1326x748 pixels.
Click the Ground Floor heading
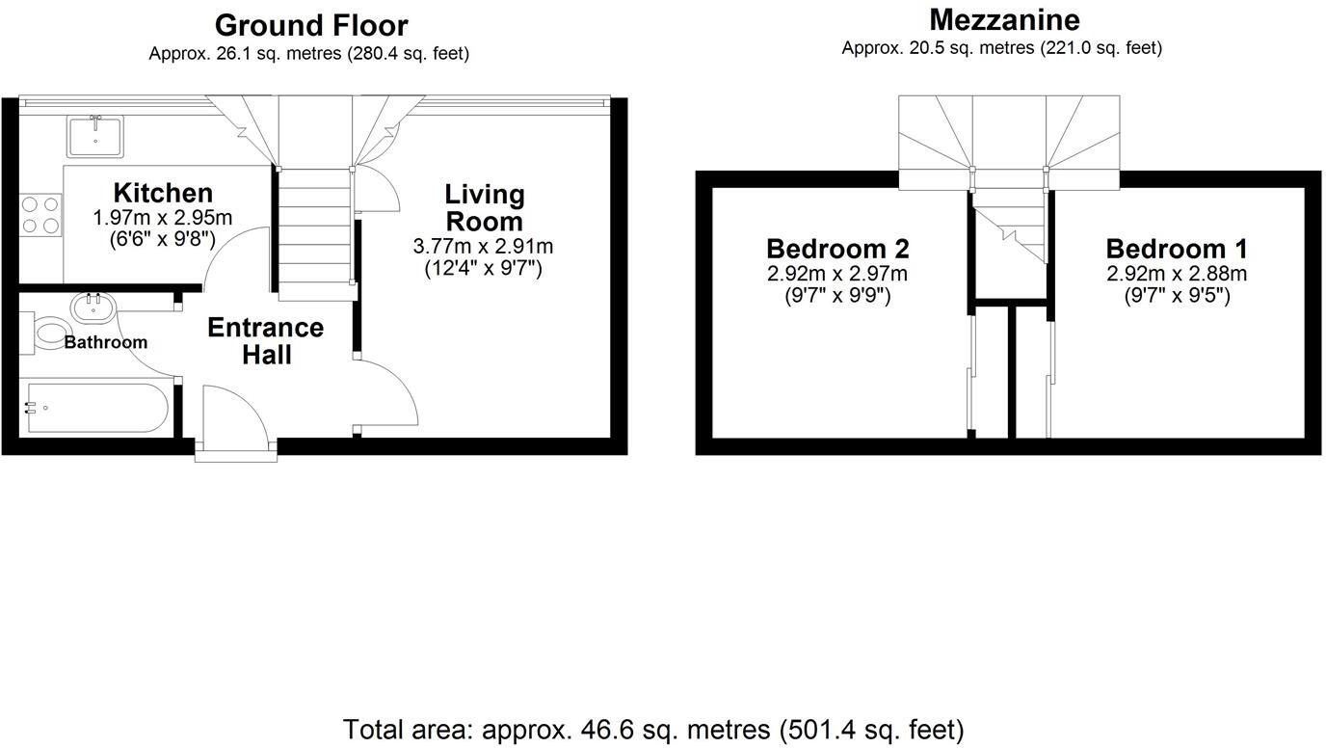pos(310,25)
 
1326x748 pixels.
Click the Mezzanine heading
pos(1003,19)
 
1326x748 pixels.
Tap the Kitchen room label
pos(163,193)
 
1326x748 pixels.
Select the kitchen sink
pos(94,135)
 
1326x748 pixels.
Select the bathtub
pos(96,409)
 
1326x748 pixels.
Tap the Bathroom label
pos(106,342)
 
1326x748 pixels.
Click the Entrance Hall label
pos(266,341)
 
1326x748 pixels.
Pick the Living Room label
pos(484,208)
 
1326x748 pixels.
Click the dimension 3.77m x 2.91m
pos(484,247)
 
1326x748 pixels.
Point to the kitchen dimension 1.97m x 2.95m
pos(163,218)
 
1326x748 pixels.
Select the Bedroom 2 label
pos(837,249)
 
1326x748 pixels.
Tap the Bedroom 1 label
pos(1177,249)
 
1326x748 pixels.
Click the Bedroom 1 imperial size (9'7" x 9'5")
pos(1177,296)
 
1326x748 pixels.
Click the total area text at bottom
pos(653,730)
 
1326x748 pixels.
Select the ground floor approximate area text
pos(308,54)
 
